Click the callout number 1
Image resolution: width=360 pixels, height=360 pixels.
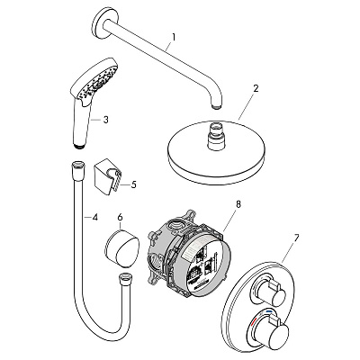pos(174,38)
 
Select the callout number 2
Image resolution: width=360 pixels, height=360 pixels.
pos(256,88)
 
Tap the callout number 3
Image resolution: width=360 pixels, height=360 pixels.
pos(105,120)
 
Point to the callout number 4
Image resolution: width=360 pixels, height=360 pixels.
pos(94,217)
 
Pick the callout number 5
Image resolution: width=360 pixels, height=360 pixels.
pos(133,184)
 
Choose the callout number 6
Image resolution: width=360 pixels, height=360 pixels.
pos(120,217)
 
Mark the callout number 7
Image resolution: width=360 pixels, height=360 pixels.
pos(296,238)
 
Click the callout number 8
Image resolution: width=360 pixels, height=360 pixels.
pos(238,204)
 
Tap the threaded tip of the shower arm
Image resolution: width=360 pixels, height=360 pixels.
pos(217,106)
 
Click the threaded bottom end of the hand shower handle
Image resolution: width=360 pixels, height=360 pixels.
pos(78,146)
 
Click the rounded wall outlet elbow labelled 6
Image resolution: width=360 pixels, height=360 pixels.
pos(122,248)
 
